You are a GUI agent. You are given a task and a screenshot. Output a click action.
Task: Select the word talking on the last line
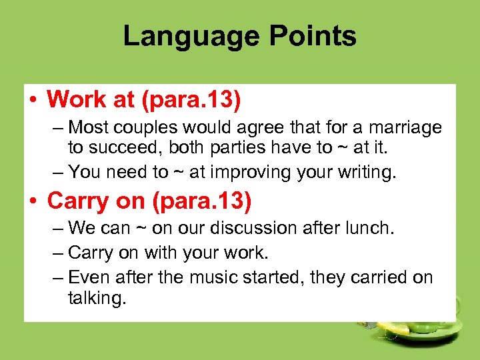pyautogui.click(x=96, y=297)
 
